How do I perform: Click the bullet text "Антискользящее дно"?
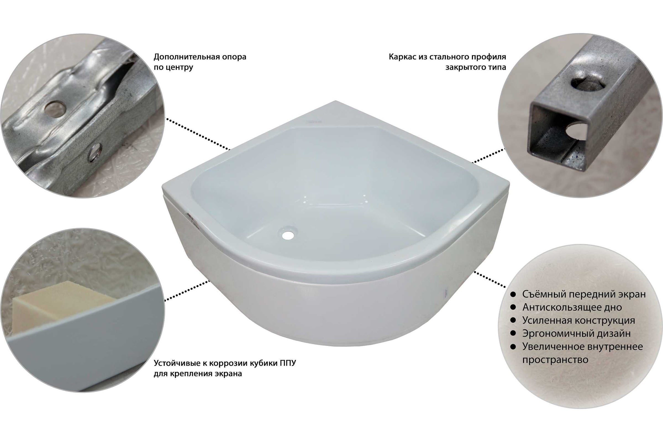point(572,307)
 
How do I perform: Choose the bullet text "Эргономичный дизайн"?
point(577,334)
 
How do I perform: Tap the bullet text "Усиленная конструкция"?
point(579,320)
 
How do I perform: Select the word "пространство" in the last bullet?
point(555,360)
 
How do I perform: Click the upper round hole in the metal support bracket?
point(55,108)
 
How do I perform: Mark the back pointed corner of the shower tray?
point(335,101)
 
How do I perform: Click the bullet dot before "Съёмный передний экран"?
point(513,294)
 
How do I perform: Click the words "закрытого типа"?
point(475,68)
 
